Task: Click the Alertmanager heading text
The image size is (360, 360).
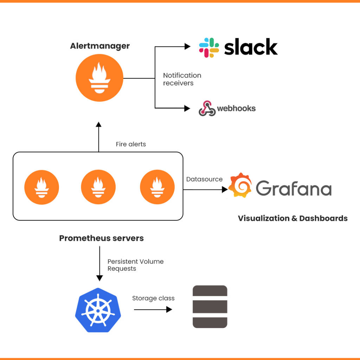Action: tap(100, 46)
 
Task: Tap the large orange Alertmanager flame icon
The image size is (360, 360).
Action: tap(99, 78)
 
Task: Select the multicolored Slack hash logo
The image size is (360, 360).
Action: tap(209, 48)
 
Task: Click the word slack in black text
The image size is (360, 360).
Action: tap(251, 47)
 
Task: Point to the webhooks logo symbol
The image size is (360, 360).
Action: tap(207, 108)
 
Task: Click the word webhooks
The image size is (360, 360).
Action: tap(236, 108)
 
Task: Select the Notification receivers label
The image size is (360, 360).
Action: tap(182, 79)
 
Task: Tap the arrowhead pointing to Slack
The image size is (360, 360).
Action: tap(187, 46)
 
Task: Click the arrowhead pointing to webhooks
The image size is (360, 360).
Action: tap(187, 108)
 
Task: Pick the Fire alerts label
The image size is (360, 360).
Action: tap(131, 144)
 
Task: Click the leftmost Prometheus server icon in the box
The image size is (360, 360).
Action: tap(41, 187)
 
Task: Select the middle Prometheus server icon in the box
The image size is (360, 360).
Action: tap(98, 187)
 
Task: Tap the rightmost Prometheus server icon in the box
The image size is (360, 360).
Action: tap(157, 187)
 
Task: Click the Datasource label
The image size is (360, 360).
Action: tap(204, 179)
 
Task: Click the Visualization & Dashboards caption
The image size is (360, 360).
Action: tap(292, 218)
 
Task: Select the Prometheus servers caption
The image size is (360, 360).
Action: tap(101, 238)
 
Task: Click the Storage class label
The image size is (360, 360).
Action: tap(153, 298)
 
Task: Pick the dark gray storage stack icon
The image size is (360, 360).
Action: tap(210, 307)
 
